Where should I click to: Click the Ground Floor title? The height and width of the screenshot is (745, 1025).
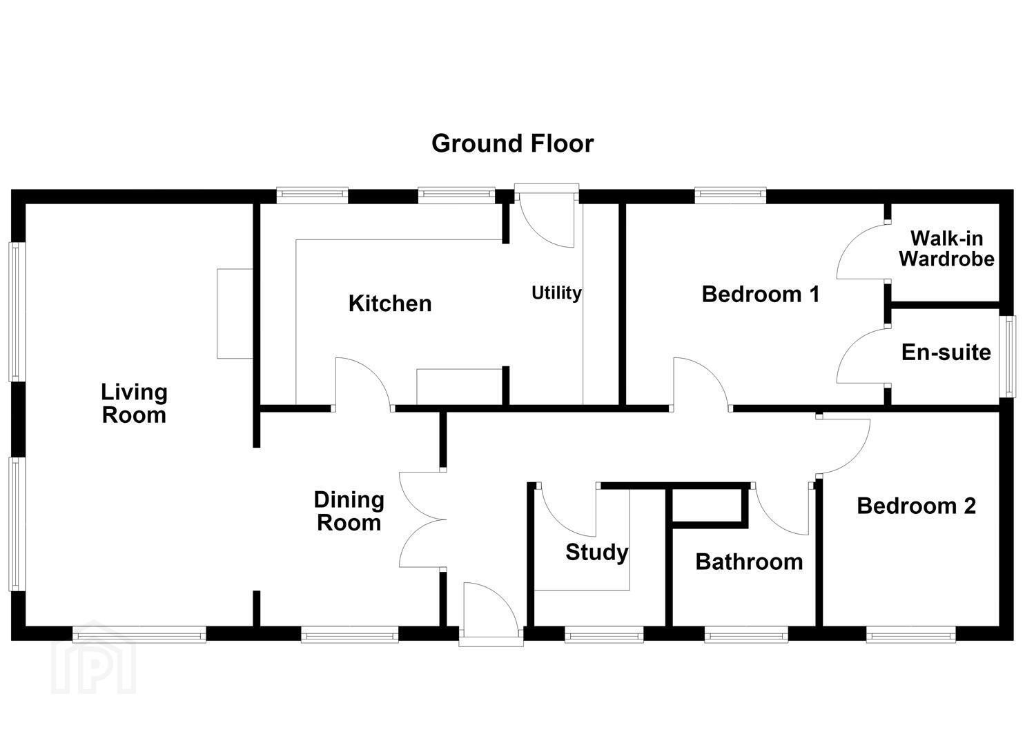(x=512, y=143)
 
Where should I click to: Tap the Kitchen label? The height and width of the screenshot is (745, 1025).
(x=390, y=304)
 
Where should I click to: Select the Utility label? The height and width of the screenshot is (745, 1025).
(x=556, y=293)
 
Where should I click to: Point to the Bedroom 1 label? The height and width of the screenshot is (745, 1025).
(x=761, y=294)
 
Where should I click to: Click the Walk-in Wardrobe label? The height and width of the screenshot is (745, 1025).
(x=947, y=249)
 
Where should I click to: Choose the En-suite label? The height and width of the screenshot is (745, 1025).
(x=946, y=352)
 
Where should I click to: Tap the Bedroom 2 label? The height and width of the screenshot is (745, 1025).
(x=917, y=506)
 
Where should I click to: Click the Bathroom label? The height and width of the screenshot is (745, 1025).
(x=749, y=562)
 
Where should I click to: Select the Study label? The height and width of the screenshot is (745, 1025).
(x=596, y=553)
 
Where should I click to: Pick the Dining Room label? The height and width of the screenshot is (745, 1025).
(x=349, y=511)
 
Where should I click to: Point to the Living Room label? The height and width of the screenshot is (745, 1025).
(x=134, y=404)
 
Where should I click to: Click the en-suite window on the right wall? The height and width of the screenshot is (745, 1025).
(x=1010, y=356)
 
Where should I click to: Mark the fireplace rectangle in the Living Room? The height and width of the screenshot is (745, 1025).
(x=235, y=314)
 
